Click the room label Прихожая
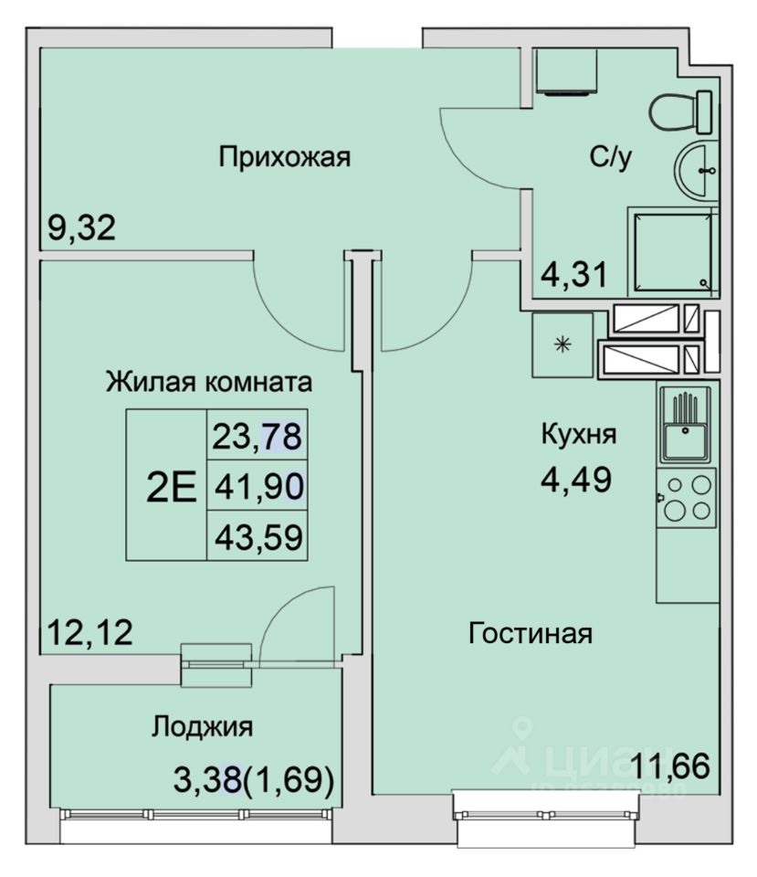point(284,157)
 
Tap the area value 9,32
point(81,228)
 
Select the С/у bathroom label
point(611,158)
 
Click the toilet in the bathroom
point(680,111)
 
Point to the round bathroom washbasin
point(696,170)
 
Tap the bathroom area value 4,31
point(574,275)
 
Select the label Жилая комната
point(209,383)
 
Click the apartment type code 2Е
point(171,487)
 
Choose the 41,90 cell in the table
point(258,485)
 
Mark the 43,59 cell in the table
point(258,536)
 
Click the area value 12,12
point(90,632)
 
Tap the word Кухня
point(579,434)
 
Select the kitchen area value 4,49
point(576,480)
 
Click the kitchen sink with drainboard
point(686,425)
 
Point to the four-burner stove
point(687,497)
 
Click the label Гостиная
point(530,634)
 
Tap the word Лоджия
point(203,727)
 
